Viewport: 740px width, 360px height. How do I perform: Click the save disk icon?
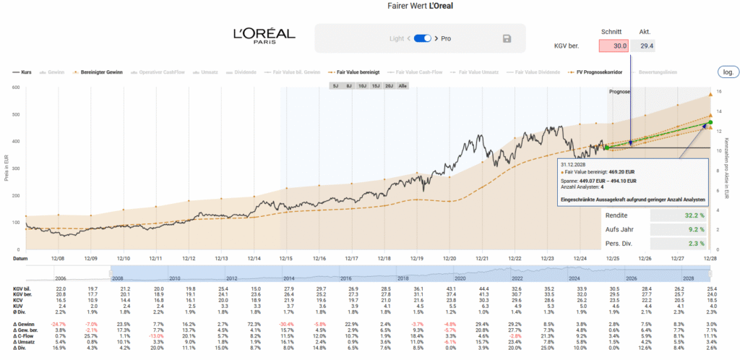point(507,38)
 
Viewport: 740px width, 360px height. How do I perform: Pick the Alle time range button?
point(403,85)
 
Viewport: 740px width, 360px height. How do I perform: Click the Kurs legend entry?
point(27,72)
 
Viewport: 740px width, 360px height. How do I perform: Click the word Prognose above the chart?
point(619,92)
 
